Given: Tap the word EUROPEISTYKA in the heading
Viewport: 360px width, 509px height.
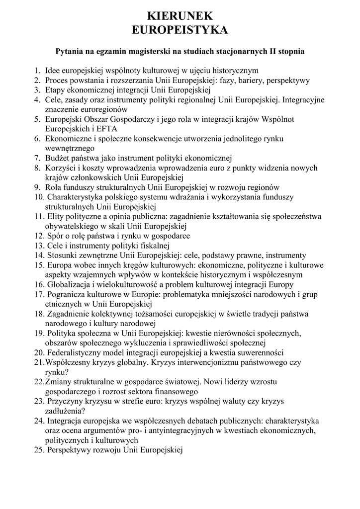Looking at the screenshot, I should click(x=180, y=30).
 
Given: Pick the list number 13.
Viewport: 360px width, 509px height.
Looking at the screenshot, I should click(x=39, y=246).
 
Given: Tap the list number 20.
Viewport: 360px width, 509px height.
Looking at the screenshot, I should click(x=39, y=353).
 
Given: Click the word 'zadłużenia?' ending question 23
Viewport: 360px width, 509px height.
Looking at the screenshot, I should click(x=65, y=411).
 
